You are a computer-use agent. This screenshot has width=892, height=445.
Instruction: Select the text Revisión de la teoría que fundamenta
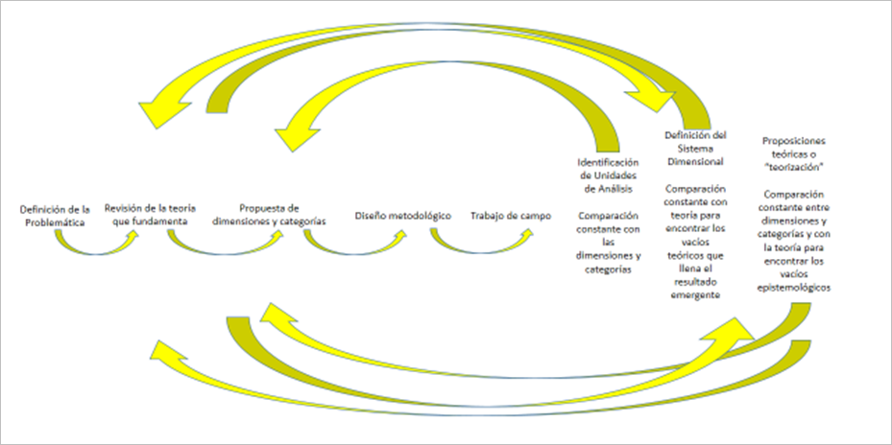(146, 214)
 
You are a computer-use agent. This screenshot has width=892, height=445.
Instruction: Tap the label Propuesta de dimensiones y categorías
(270, 214)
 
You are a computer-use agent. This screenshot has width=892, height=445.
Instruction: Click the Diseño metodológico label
(402, 216)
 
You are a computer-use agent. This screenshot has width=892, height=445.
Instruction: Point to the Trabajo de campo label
(511, 216)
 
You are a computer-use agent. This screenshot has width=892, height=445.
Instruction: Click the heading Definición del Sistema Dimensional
(695, 149)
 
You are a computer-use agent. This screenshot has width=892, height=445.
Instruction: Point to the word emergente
(695, 295)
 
